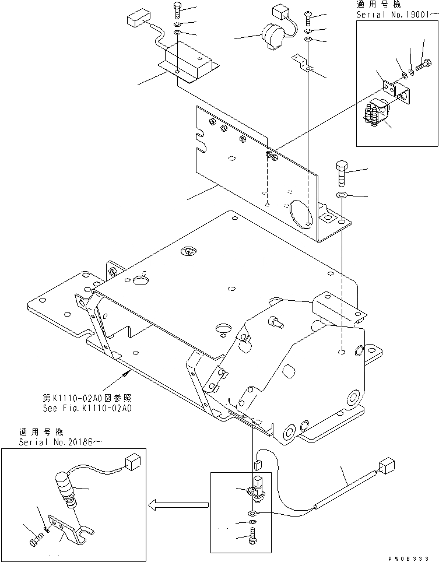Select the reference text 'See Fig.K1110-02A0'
87,408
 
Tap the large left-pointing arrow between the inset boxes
178,505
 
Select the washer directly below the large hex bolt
342,195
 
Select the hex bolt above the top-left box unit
177,10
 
